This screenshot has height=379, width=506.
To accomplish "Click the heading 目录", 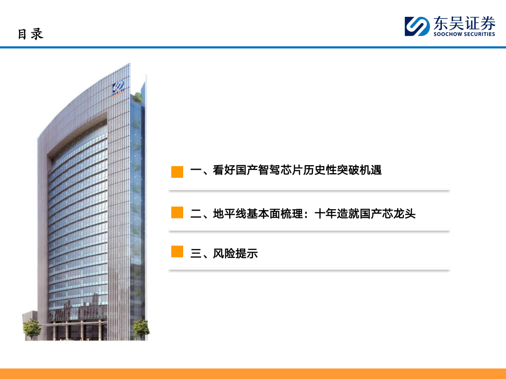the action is point(30,34).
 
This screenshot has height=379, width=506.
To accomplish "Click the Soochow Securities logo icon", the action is point(417,26).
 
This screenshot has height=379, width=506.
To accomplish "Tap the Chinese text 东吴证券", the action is point(464,23).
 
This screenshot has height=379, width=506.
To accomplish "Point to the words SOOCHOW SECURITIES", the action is point(464,34).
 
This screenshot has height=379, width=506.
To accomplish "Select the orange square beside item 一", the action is point(177,172).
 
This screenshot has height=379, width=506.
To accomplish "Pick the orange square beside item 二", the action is point(177,213).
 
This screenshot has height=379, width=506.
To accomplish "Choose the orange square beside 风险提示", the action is point(177,252).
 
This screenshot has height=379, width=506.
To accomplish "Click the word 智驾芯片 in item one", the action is point(281,170).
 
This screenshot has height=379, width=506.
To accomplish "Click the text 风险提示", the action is point(235,254).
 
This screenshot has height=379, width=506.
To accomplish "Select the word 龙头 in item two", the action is point(404,214).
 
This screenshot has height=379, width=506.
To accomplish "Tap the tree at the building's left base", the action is point(32,329).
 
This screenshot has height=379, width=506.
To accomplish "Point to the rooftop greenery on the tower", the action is point(138,97).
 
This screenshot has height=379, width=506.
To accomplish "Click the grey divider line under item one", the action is point(309,190).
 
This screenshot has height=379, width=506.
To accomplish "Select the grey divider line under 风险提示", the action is point(309,270).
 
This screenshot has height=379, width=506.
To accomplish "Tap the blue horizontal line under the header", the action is point(253,47).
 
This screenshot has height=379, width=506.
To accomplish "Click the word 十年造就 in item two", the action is point(337,214).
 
